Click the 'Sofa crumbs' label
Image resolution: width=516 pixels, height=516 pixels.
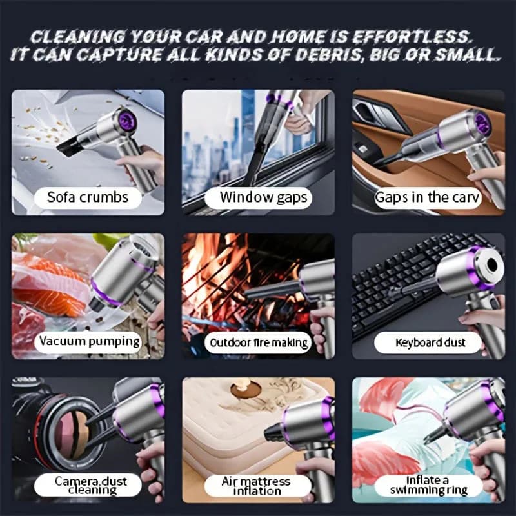pos(88,197)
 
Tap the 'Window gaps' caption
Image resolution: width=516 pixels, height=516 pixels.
pos(263,198)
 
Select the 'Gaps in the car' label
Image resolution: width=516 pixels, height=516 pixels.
pos(427,197)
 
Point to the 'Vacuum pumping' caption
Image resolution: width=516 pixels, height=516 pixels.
pos(90,342)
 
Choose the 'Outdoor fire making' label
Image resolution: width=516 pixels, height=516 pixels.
pos(259,343)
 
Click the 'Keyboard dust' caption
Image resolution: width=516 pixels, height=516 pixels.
pos(430,342)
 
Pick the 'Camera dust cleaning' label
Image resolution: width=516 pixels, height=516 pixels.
pos(91,485)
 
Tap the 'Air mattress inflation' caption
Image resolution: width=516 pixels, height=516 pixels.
pos(256,486)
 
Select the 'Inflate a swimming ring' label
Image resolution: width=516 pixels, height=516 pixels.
pos(428,485)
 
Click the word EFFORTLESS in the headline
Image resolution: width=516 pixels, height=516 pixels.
pos(411,37)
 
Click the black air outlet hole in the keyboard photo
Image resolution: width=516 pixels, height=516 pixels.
pos(491,264)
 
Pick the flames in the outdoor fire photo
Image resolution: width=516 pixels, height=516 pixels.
pos(214,270)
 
